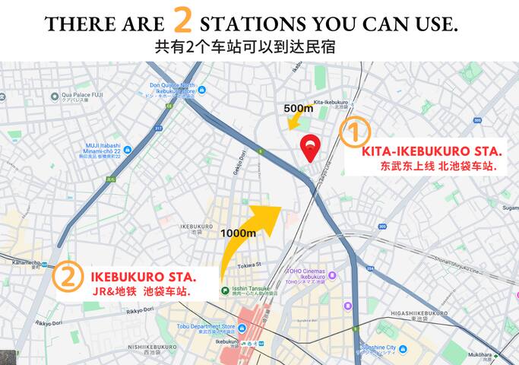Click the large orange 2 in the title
(x=182, y=21)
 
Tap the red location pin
(x=309, y=148)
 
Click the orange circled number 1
(x=353, y=132)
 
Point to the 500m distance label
(x=299, y=108)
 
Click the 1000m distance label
(x=237, y=233)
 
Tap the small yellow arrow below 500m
(x=293, y=122)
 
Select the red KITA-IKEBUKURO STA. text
(x=431, y=151)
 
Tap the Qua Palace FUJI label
(x=78, y=97)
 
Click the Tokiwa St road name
(x=248, y=265)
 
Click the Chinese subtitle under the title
(x=245, y=46)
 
